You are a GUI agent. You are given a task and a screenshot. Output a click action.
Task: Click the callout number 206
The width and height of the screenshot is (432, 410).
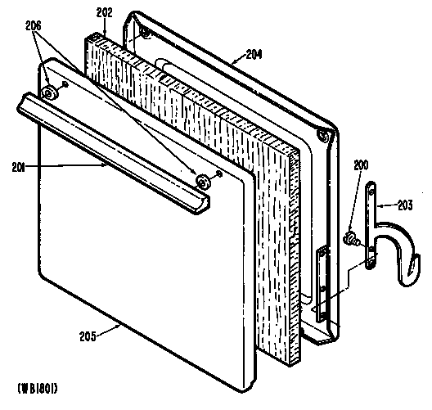click(x=34, y=26)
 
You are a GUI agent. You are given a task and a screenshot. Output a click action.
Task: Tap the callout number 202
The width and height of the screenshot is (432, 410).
click(x=104, y=13)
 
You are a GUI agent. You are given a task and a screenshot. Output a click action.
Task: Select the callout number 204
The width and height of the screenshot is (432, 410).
click(x=254, y=55)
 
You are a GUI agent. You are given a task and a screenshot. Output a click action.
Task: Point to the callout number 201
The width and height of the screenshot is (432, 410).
click(x=18, y=167)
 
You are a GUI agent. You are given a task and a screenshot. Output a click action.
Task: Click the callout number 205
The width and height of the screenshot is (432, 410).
click(x=88, y=336)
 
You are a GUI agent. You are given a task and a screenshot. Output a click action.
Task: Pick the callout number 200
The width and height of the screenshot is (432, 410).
click(x=361, y=165)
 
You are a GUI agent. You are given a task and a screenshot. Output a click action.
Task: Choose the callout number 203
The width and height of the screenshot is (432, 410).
click(x=405, y=205)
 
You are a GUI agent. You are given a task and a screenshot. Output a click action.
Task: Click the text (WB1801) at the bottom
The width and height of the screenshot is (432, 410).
click(x=38, y=389)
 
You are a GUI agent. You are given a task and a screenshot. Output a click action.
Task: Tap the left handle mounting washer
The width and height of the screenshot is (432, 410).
click(x=49, y=92)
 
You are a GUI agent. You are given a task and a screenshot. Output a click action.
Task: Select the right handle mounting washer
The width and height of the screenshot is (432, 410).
click(x=203, y=182)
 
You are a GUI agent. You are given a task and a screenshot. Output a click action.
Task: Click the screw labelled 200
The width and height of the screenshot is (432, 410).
click(x=351, y=238)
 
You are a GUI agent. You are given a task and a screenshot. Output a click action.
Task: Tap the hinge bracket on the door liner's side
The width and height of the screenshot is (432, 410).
click(x=322, y=284)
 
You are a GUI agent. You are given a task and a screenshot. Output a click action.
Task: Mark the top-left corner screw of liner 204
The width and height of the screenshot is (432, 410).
click(x=143, y=33)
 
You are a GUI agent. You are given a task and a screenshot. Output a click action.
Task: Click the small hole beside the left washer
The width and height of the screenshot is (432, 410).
click(x=65, y=83)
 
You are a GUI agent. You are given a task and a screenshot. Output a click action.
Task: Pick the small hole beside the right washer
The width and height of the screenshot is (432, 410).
click(x=219, y=173)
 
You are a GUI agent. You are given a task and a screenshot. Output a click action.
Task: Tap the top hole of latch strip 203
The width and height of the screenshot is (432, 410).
click(x=371, y=186)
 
